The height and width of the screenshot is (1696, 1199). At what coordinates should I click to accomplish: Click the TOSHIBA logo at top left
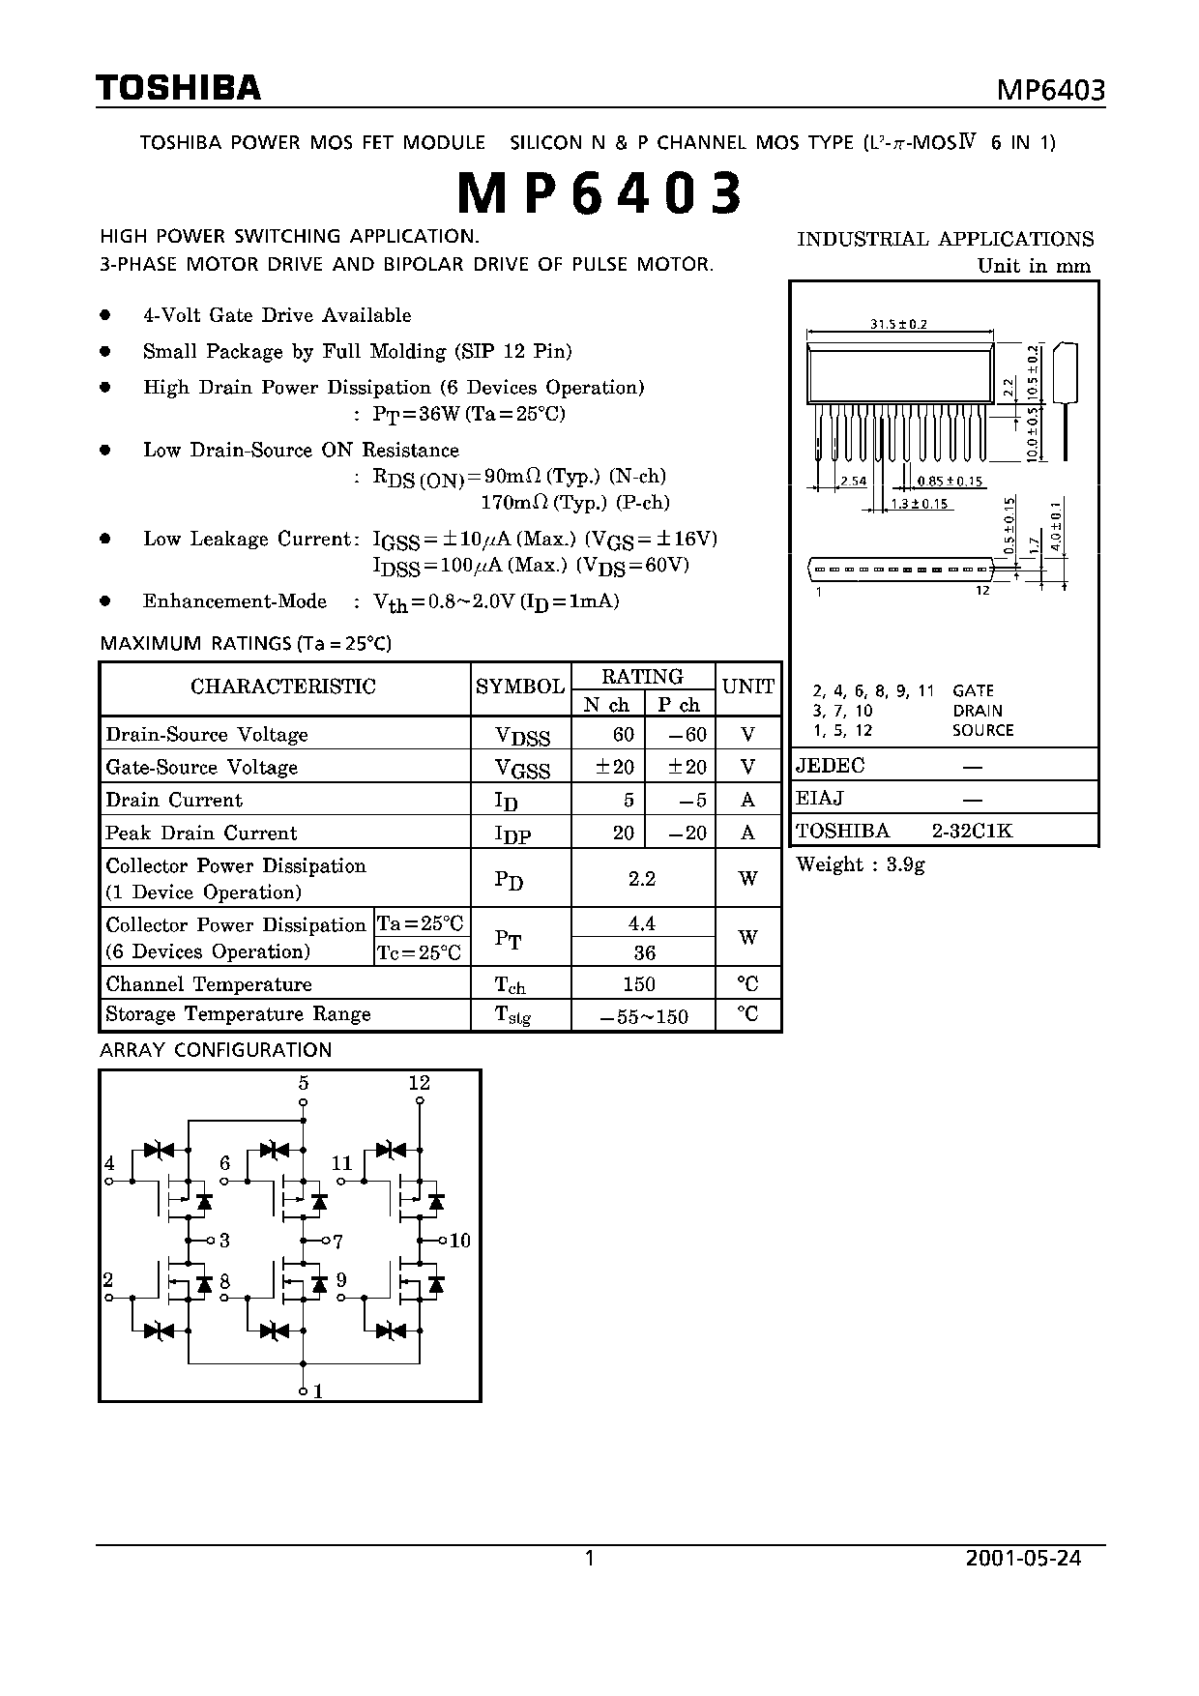(x=179, y=88)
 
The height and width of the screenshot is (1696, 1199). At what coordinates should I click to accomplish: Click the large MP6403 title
(x=599, y=192)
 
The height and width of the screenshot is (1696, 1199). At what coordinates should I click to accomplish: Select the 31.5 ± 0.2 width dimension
(x=898, y=325)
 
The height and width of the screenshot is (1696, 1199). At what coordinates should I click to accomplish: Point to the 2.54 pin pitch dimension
(x=853, y=481)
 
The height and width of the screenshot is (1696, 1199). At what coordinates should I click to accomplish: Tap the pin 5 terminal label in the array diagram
(x=304, y=1083)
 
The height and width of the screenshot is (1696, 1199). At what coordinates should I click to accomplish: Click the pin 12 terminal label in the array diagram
(x=419, y=1083)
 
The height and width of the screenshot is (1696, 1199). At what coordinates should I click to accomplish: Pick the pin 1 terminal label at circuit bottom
(x=317, y=1391)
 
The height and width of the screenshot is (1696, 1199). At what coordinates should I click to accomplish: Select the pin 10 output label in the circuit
(x=460, y=1241)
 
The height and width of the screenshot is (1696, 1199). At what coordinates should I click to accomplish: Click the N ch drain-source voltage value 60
(x=624, y=734)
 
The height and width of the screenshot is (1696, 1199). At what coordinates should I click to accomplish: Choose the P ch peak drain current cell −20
(x=689, y=833)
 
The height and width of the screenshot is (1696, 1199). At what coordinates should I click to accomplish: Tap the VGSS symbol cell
(x=522, y=769)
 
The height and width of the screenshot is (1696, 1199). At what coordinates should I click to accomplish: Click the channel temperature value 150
(x=639, y=983)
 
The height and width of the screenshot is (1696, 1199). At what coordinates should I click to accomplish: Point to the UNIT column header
(x=748, y=687)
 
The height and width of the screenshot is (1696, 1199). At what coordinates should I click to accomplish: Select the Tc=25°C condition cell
(x=420, y=952)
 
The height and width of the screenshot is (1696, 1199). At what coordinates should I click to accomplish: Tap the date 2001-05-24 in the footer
(x=1023, y=1558)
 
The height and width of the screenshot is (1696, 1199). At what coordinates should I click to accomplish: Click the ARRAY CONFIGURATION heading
(x=216, y=1050)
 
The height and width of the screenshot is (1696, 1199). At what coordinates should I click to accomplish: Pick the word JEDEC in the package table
(x=830, y=766)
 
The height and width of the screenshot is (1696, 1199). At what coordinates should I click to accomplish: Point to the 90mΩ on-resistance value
(x=512, y=476)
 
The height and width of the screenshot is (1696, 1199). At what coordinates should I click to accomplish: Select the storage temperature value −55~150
(x=644, y=1016)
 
